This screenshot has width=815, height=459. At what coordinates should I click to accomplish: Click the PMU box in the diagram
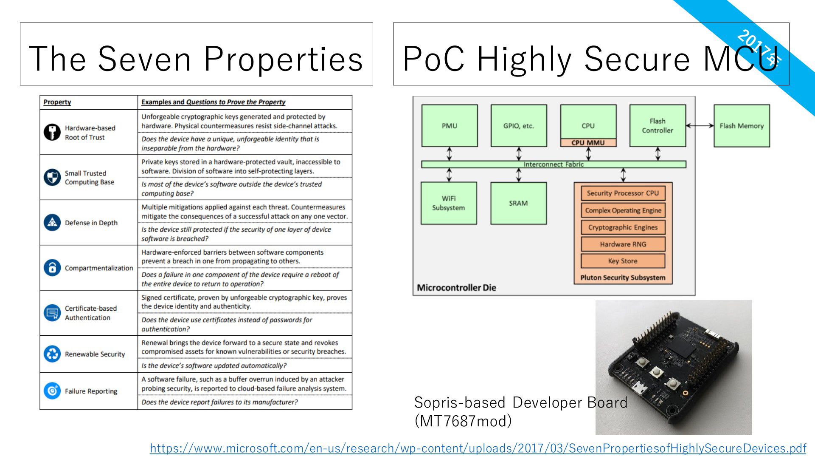450,126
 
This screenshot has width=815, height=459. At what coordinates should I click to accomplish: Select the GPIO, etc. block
519,126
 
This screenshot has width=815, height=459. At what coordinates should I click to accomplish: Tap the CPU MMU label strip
588,143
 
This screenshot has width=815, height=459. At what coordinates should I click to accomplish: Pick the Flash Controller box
658,126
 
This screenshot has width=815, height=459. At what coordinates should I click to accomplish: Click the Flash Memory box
742,126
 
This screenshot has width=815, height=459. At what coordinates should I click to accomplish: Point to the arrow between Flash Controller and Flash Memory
700,125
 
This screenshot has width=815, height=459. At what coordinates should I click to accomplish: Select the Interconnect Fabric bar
554,164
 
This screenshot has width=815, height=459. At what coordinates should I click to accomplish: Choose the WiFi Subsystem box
449,203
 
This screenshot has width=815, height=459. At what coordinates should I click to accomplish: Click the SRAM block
518,203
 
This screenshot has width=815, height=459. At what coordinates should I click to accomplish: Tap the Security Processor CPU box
623,193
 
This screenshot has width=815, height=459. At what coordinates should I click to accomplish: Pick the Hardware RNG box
623,244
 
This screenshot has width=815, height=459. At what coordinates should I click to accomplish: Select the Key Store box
623,261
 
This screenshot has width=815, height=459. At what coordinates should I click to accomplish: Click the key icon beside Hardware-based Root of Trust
52,132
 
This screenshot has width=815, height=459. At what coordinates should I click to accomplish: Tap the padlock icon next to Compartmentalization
52,268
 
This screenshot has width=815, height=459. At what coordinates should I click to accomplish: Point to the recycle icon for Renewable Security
52,354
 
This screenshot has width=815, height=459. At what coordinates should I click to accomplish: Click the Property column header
57,102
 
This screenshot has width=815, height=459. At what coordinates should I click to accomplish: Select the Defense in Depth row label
91,223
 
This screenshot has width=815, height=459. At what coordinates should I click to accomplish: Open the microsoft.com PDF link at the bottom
478,448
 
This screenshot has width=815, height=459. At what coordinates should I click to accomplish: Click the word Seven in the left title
145,59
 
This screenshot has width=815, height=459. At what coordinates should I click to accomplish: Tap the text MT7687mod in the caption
463,421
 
